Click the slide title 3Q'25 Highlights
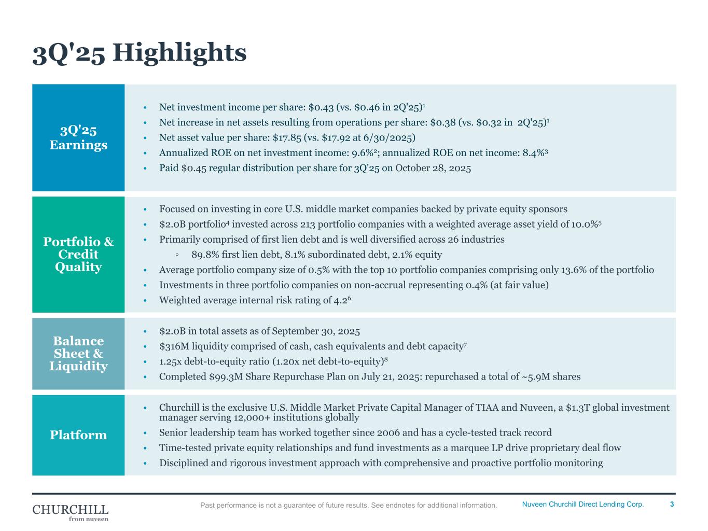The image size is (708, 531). pyautogui.click(x=139, y=52)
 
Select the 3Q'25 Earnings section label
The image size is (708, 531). pyautogui.click(x=78, y=137)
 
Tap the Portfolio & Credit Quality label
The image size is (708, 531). pyautogui.click(x=78, y=254)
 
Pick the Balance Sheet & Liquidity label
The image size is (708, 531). pyautogui.click(x=78, y=354)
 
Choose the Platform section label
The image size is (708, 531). pyautogui.click(x=78, y=435)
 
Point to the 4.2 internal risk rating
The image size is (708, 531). pyautogui.click(x=340, y=300)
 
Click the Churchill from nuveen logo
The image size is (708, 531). pyautogui.click(x=71, y=512)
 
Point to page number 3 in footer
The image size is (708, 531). pyautogui.click(x=672, y=505)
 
